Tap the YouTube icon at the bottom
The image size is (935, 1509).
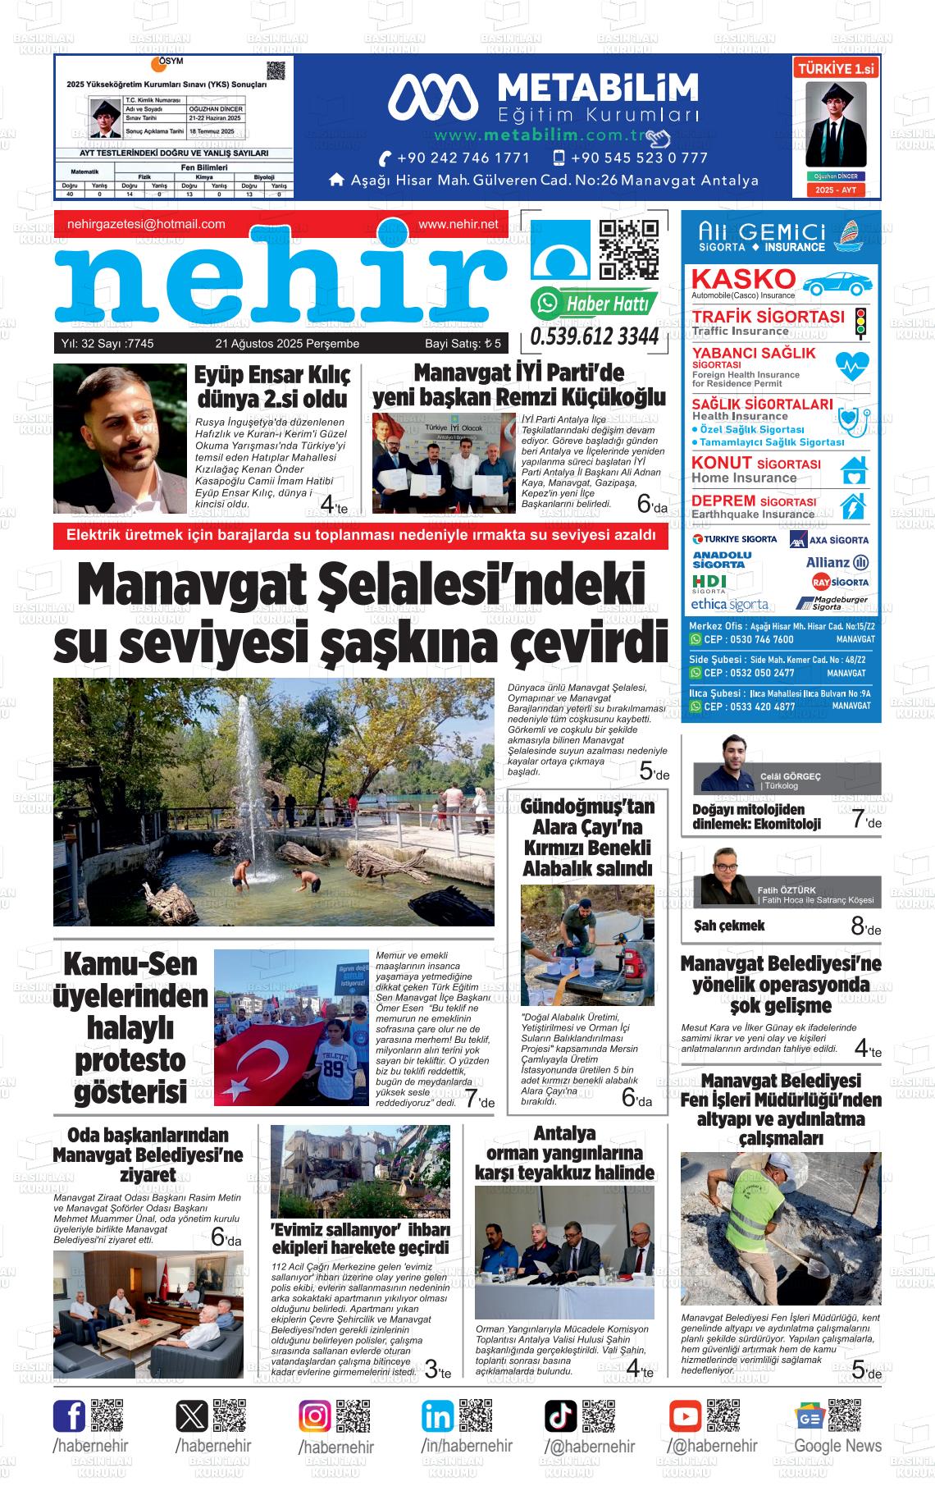(x=685, y=1416)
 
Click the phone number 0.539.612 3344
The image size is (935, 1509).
(x=595, y=337)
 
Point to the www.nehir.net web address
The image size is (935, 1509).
(x=458, y=224)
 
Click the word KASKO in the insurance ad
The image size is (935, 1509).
(x=743, y=279)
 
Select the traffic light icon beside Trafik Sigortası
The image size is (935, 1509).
(x=860, y=323)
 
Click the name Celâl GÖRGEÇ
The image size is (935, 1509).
(x=791, y=776)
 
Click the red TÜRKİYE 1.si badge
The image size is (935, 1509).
(x=837, y=70)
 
